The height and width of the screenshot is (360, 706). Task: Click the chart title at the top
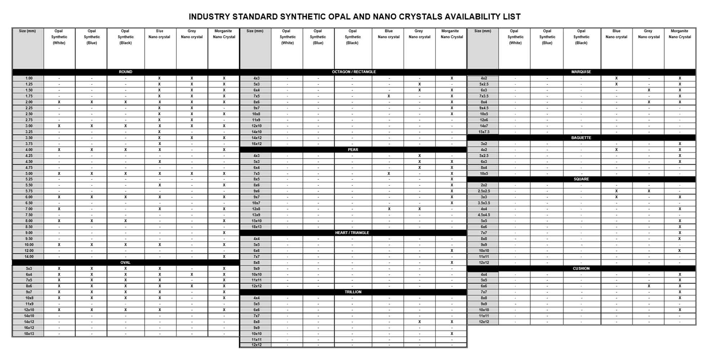click(354, 17)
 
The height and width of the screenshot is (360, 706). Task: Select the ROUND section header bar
click(125, 72)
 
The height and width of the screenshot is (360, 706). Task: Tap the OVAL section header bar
click(125, 262)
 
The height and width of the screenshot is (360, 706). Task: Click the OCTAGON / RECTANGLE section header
click(353, 72)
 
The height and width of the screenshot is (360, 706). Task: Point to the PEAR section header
click(353, 149)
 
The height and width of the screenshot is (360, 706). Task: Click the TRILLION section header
click(353, 292)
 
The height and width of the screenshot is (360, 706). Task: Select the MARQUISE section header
click(581, 72)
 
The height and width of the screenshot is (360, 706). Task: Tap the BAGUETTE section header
click(581, 138)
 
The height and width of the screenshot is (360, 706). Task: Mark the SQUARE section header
click(581, 179)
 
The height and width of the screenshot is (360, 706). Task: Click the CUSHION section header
click(581, 268)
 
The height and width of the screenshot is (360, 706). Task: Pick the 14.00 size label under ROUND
click(29, 257)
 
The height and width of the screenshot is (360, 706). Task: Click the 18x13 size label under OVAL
click(29, 334)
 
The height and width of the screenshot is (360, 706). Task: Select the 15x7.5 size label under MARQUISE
click(483, 132)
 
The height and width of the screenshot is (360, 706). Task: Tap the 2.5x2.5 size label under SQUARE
click(483, 191)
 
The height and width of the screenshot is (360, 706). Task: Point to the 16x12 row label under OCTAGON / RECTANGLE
click(256, 144)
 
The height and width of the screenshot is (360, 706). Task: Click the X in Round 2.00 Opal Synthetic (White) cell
click(59, 102)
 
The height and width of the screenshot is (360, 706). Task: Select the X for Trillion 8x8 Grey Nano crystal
click(419, 322)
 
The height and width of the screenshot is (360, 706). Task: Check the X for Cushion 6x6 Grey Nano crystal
click(649, 286)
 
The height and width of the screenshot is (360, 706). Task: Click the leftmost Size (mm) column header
click(27, 31)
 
